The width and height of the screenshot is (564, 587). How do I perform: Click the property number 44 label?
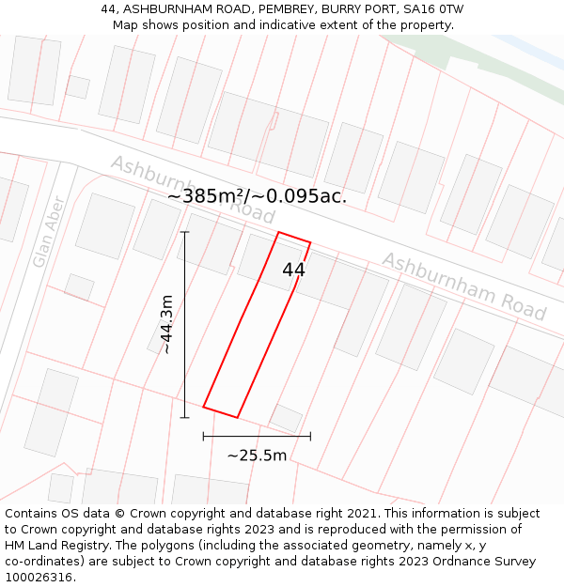tap(293, 270)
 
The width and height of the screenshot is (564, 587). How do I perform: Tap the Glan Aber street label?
tap(47, 231)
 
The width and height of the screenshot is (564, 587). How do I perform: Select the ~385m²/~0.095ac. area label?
tap(257, 196)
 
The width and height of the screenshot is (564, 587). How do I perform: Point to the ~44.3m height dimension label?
tap(166, 324)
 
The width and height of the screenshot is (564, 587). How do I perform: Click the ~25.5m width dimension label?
tap(257, 456)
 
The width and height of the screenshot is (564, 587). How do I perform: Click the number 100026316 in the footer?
tap(39, 577)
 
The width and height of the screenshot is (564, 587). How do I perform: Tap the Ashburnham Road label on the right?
tap(463, 286)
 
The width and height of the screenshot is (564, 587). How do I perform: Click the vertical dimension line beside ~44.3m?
tap(184, 324)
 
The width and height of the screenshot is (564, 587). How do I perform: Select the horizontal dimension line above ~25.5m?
tap(257, 436)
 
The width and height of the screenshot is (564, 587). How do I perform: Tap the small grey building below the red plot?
tap(286, 418)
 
